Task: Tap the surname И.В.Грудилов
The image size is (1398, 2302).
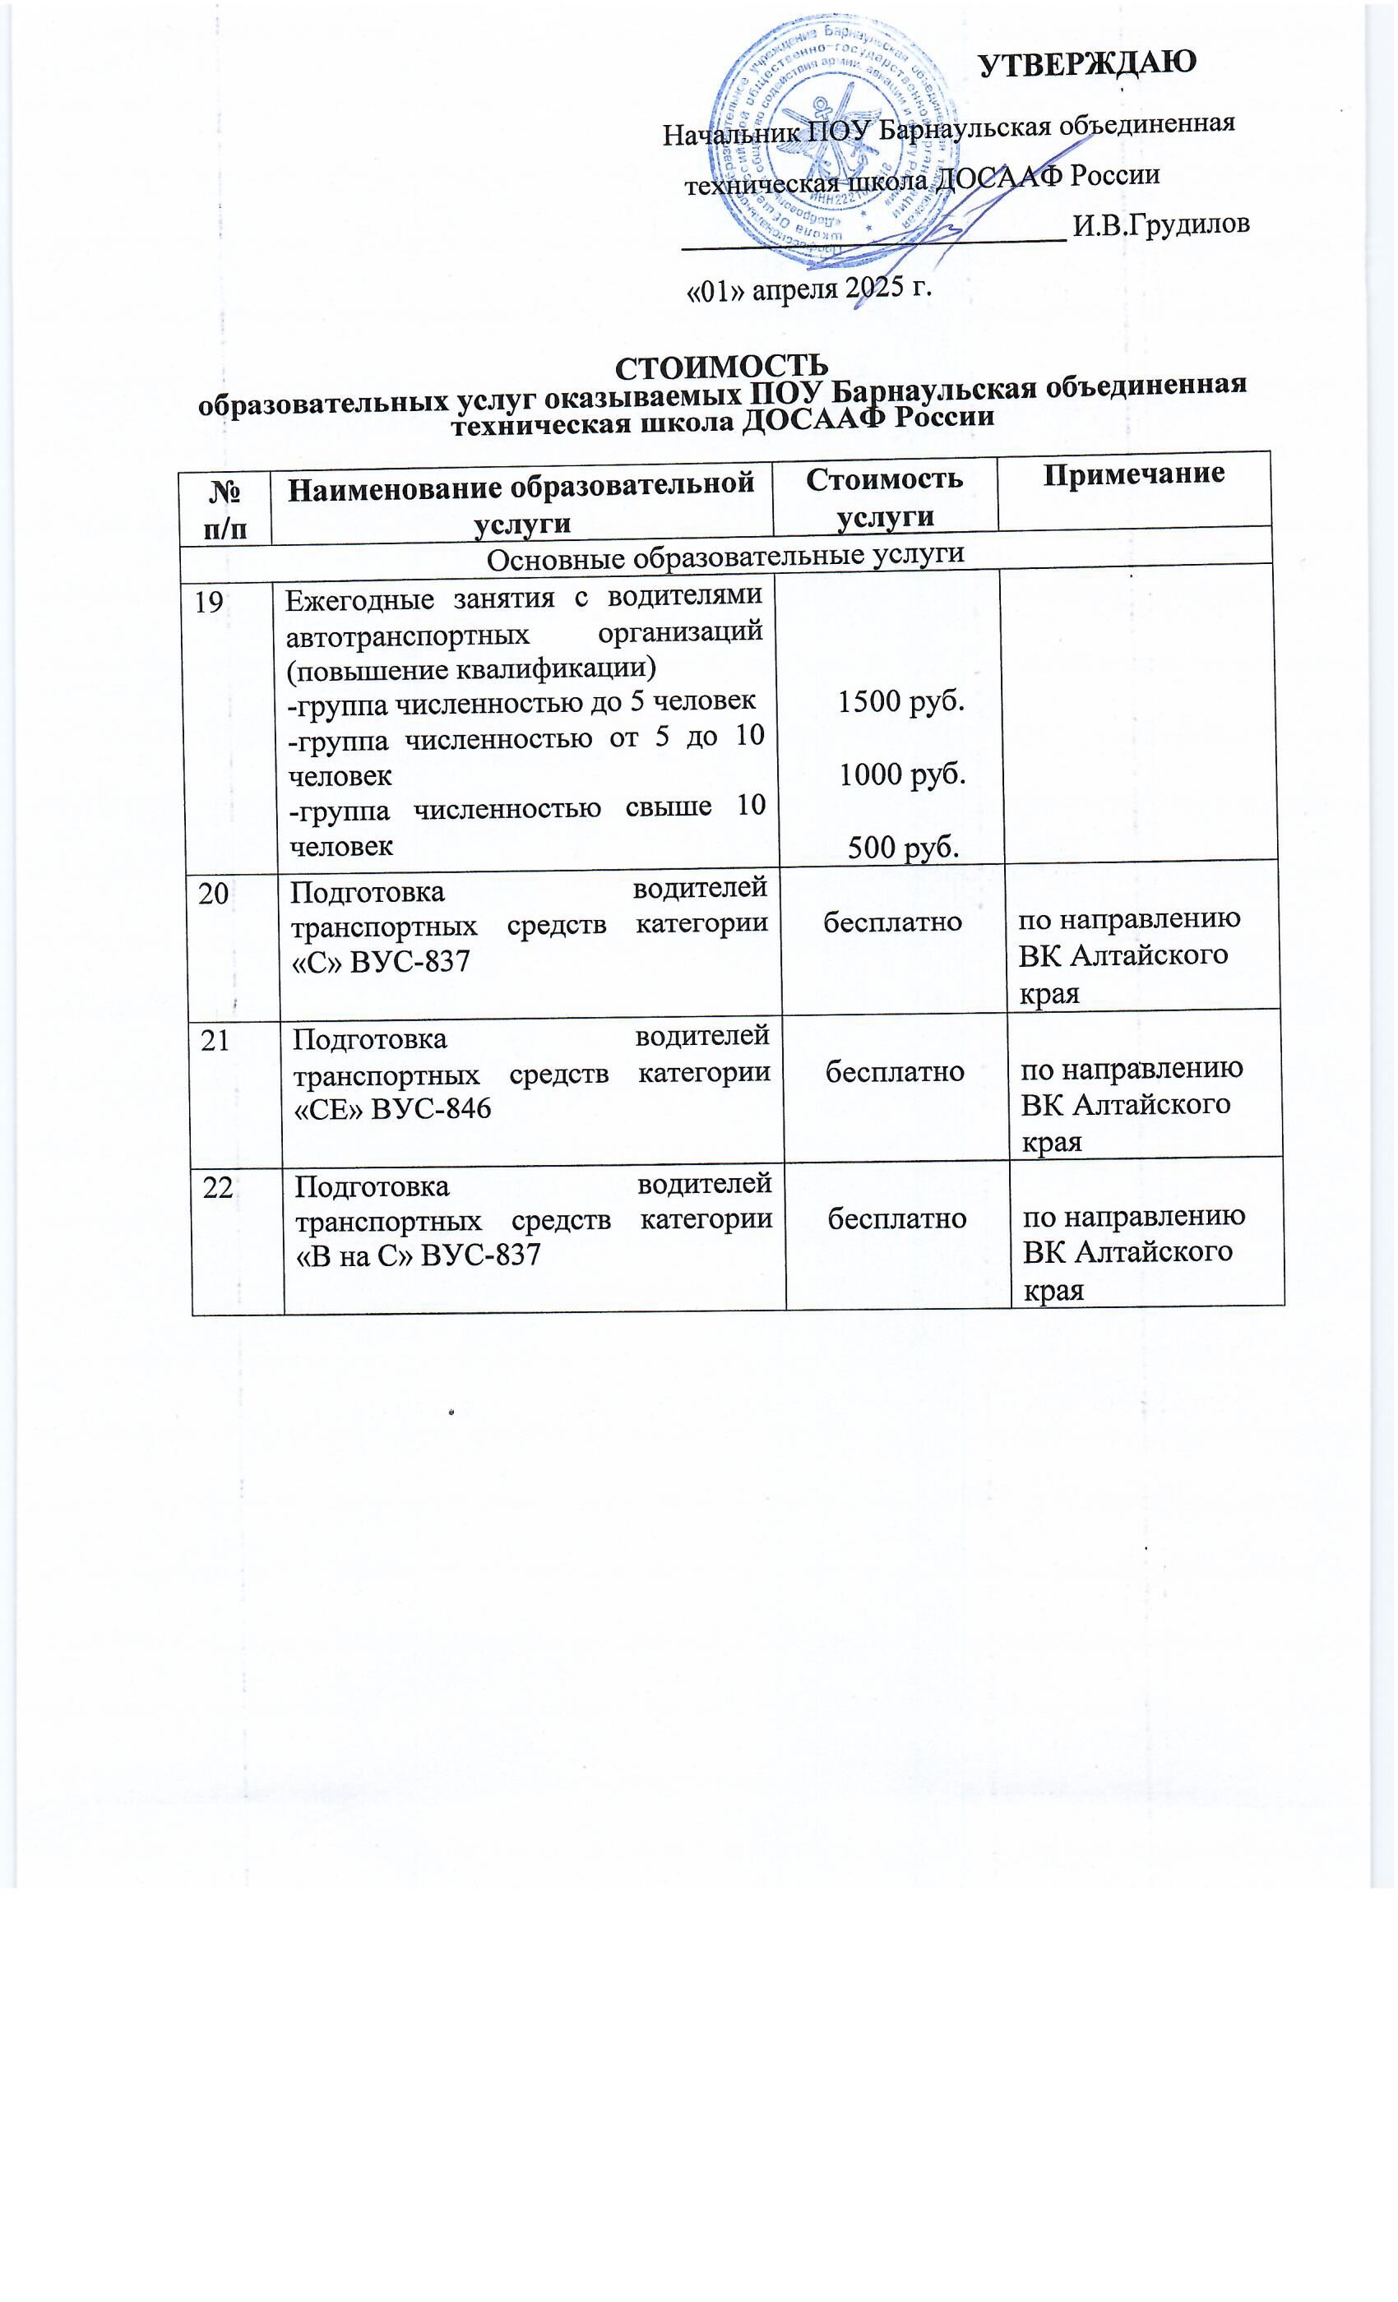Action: pyautogui.click(x=1160, y=225)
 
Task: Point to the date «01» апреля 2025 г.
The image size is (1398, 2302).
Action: pyautogui.click(x=809, y=289)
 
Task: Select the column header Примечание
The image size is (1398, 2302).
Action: pyautogui.click(x=1132, y=474)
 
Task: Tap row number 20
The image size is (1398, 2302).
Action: pyautogui.click(x=213, y=894)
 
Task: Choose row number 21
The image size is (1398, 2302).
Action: pyautogui.click(x=215, y=1041)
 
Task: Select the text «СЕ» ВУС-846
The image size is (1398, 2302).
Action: pyautogui.click(x=391, y=1108)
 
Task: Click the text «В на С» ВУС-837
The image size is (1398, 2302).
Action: pyautogui.click(x=418, y=1255)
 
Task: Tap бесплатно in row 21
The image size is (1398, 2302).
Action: pyautogui.click(x=895, y=1070)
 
